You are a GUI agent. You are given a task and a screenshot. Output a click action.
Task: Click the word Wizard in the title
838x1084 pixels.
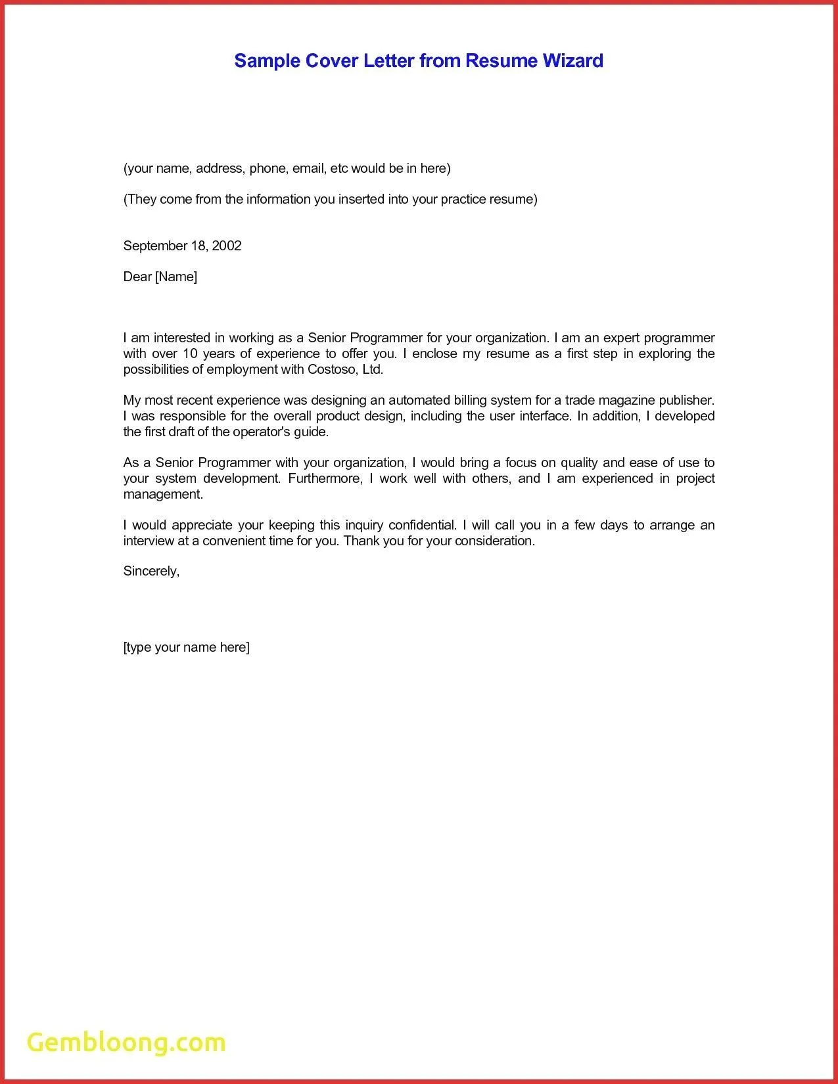coord(572,61)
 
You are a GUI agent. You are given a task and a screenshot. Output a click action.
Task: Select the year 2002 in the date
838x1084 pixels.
coord(227,246)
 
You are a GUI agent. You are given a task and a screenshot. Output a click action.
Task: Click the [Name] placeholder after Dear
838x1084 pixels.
coord(176,277)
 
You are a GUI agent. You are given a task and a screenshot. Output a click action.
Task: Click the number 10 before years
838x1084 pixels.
coord(191,353)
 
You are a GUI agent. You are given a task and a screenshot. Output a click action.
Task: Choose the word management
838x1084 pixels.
coord(163,494)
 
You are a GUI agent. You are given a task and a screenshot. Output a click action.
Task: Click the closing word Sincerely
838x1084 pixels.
coord(151,571)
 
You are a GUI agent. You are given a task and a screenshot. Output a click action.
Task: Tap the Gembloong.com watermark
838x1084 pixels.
coord(126,1043)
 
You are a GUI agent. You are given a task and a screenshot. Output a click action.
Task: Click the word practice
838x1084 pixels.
coord(463,199)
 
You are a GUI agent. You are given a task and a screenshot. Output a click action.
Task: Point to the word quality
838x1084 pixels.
coord(579,463)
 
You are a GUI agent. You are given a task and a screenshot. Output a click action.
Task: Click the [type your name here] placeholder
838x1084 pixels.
coord(186,647)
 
